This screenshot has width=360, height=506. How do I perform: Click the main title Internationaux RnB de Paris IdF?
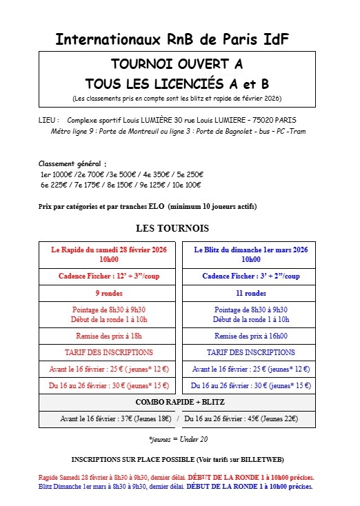pos(172,39)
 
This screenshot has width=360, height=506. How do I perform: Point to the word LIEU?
pos(48,119)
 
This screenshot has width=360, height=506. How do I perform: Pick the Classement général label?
pos(72,164)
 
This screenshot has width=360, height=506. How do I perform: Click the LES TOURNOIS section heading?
pos(172,228)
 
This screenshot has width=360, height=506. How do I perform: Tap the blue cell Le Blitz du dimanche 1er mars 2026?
pos(250,254)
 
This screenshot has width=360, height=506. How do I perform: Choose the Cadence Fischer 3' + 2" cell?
pos(250,276)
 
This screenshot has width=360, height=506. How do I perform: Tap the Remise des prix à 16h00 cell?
pos(250,336)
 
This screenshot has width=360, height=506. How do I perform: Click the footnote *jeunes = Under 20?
pos(178,438)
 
